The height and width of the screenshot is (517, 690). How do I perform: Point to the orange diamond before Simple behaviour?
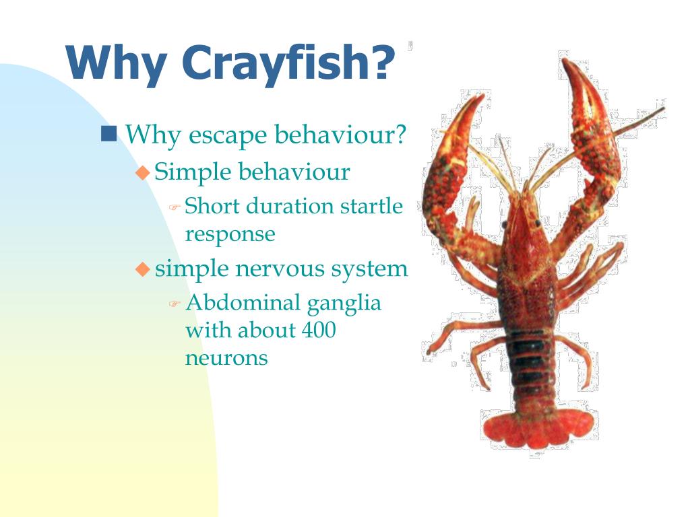(x=142, y=172)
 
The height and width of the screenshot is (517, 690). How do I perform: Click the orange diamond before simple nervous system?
(x=142, y=269)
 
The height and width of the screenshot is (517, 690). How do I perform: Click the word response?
(x=230, y=235)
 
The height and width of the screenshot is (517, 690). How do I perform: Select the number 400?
(x=319, y=331)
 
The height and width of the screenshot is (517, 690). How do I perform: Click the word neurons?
(x=226, y=358)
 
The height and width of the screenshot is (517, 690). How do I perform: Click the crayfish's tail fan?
(x=537, y=427)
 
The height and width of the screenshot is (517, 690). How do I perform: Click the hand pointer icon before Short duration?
(x=174, y=207)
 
